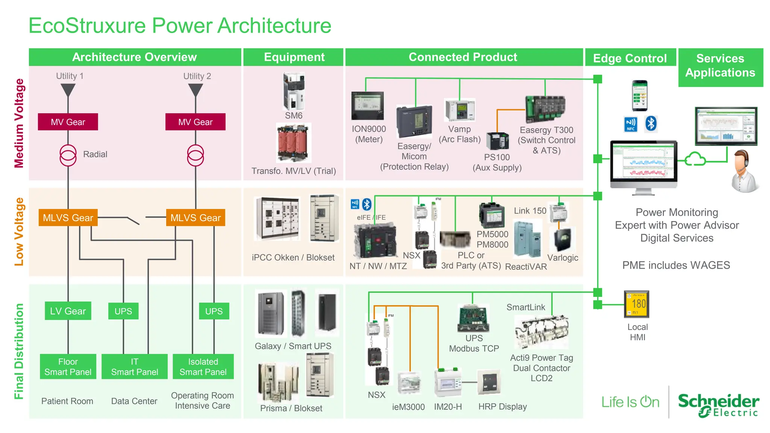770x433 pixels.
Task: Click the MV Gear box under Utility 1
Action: tap(68, 122)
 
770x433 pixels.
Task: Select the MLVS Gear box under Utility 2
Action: tap(196, 218)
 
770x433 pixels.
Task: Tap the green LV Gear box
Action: tap(68, 311)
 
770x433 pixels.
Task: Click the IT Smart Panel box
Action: tap(134, 366)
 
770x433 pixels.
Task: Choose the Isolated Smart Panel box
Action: tap(203, 366)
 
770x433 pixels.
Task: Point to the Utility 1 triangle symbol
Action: tap(68, 90)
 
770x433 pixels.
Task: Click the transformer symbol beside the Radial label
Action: tap(68, 155)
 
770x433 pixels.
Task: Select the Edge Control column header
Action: tap(630, 58)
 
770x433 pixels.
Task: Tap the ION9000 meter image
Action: tap(367, 106)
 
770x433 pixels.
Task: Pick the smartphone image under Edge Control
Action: tap(640, 95)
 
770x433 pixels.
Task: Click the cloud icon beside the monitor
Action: tap(695, 159)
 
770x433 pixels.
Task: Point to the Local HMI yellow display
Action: tap(637, 304)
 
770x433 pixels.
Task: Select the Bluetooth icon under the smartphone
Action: tap(651, 124)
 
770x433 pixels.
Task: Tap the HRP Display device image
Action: tap(490, 382)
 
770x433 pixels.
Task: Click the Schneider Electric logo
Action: tap(718, 405)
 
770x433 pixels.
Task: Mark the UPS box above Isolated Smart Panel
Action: tap(214, 311)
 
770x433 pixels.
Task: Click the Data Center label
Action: tap(134, 401)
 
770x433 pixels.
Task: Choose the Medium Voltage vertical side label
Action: tap(19, 123)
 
